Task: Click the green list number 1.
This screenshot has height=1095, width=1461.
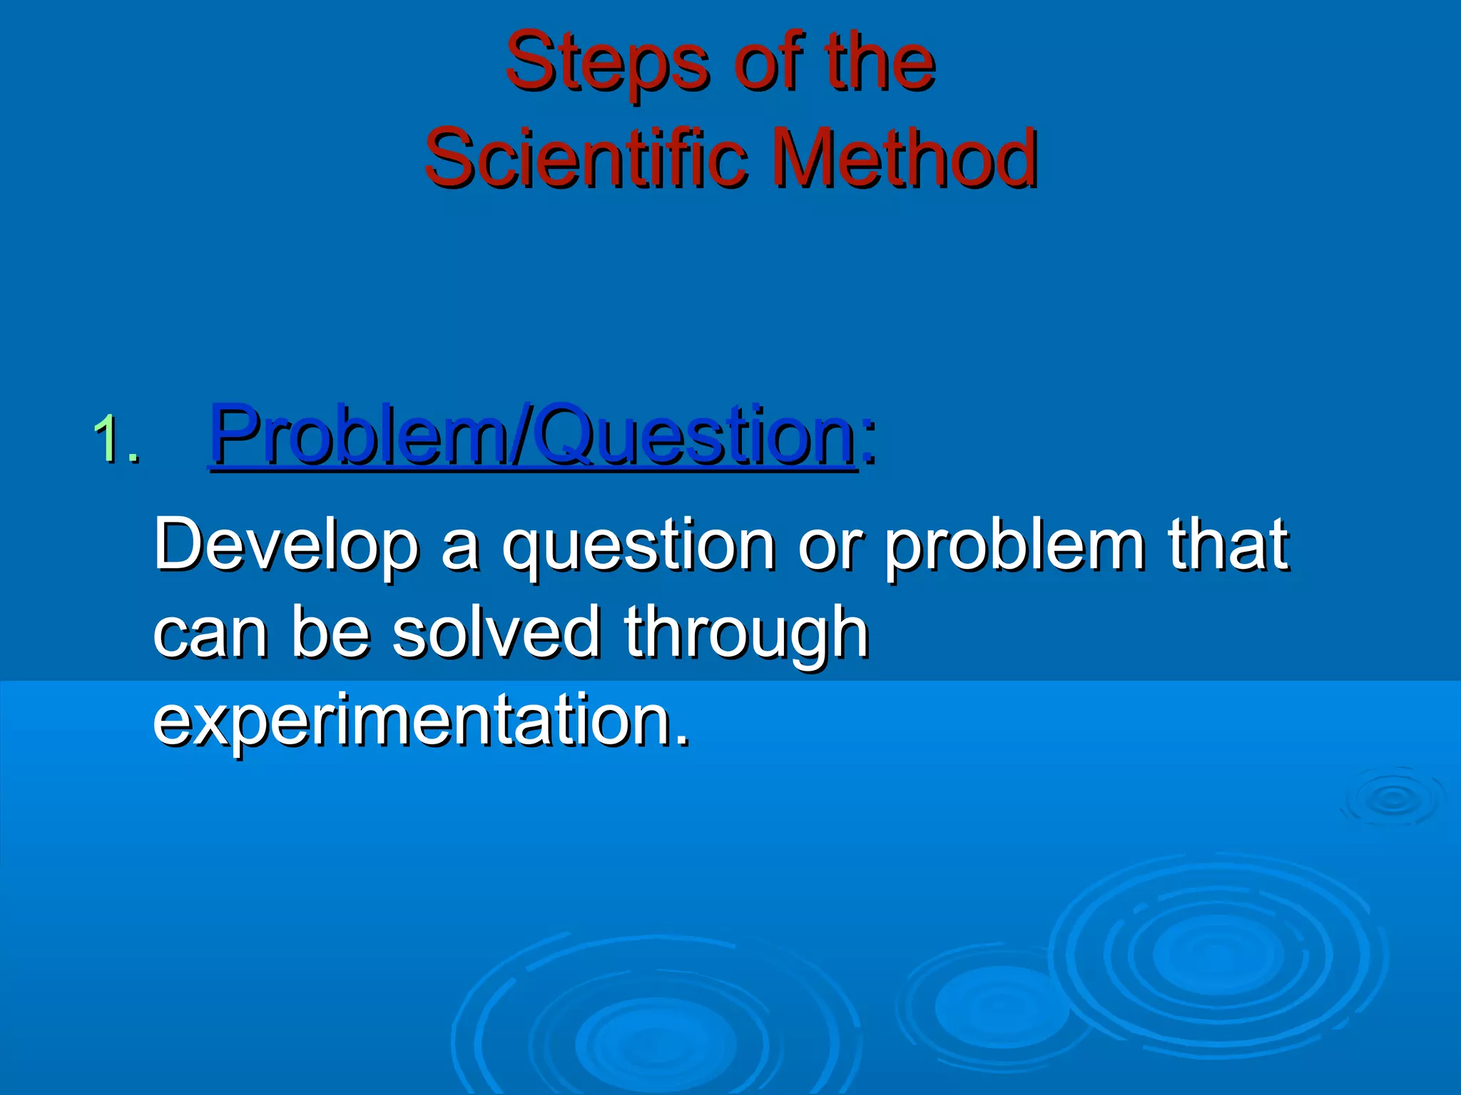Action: [x=114, y=441]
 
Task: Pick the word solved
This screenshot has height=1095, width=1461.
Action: [x=497, y=633]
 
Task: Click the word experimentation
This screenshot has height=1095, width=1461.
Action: [x=421, y=720]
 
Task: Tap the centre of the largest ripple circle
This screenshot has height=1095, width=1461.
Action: [x=1217, y=955]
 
